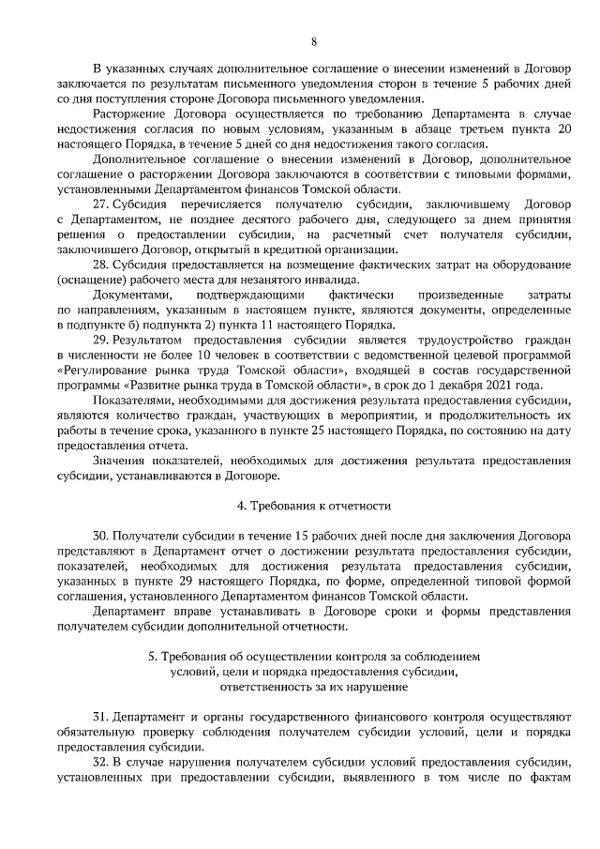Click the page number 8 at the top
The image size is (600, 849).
tap(313, 41)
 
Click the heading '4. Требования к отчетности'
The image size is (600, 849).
tap(313, 506)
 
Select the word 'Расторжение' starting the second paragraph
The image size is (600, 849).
tap(126, 115)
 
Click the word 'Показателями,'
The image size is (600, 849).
tap(133, 401)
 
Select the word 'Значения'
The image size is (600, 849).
tap(120, 461)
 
